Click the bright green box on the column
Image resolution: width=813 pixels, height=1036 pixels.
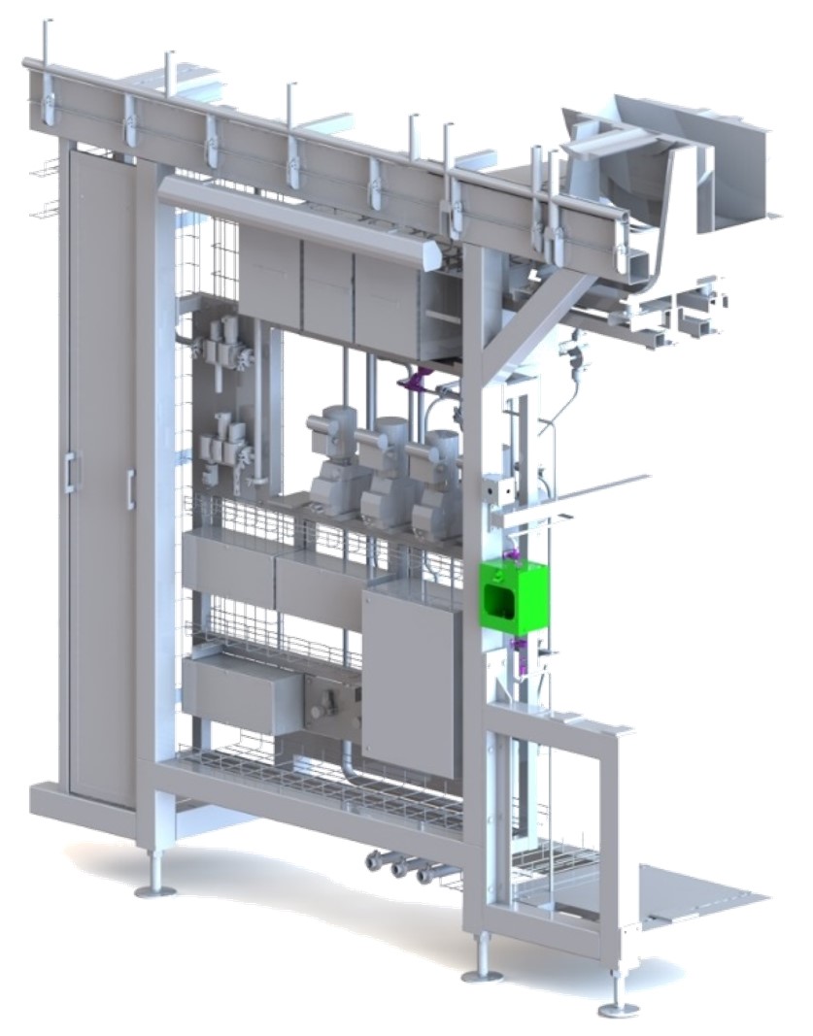tap(513, 595)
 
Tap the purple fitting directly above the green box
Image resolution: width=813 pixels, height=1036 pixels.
tap(518, 557)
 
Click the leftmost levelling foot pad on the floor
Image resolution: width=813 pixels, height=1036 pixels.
tap(154, 888)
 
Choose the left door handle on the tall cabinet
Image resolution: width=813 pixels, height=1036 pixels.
tap(69, 472)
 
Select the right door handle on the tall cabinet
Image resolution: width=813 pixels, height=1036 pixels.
tap(130, 489)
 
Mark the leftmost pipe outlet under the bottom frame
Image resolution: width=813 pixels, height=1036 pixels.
tap(374, 860)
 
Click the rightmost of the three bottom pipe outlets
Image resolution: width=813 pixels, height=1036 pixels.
tap(425, 875)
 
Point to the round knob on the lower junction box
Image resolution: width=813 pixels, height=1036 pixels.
tap(320, 710)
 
